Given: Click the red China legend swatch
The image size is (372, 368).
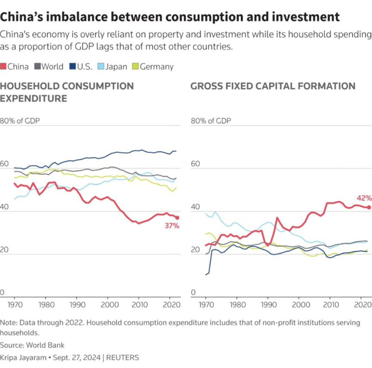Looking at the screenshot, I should click(4, 67).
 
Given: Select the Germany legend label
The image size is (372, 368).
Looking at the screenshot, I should click(156, 67).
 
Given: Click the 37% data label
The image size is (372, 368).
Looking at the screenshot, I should click(172, 226).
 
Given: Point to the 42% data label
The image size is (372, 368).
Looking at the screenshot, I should click(363, 198).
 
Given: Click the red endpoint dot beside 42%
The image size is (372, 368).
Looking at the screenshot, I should click(369, 207).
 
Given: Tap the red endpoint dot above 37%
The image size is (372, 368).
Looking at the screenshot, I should click(177, 218).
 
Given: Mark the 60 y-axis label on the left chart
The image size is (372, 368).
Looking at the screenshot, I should click(5, 164).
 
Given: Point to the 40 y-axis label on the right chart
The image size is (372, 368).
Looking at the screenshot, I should click(195, 207).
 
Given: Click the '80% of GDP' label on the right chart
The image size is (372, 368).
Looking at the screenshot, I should click(210, 121).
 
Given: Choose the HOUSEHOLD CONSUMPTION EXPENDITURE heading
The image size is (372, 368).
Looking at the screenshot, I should click(67, 92).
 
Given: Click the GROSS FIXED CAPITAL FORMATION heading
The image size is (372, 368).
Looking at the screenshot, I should click(273, 86).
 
